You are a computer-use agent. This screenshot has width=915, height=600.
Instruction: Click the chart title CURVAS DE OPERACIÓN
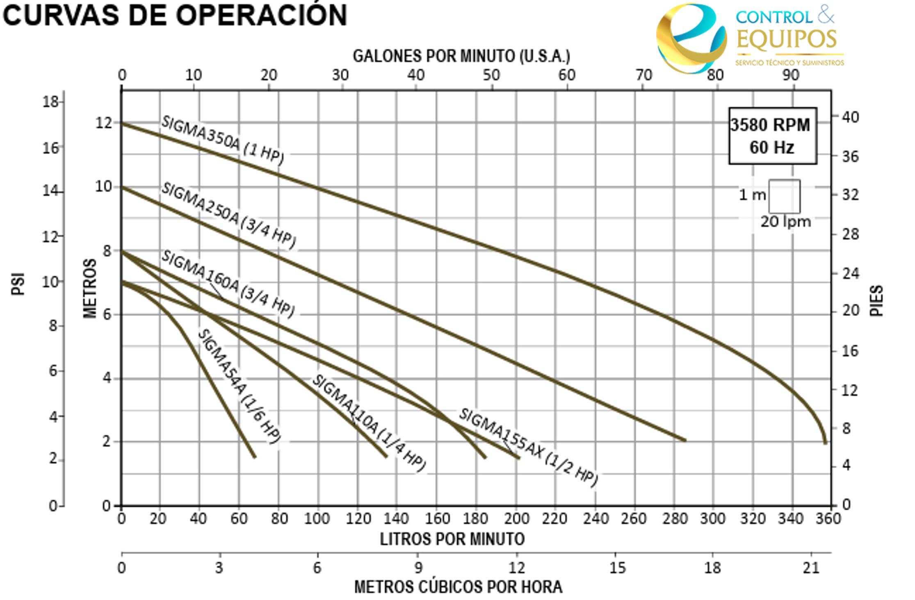click(175, 16)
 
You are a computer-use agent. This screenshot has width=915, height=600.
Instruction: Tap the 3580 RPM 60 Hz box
click(772, 136)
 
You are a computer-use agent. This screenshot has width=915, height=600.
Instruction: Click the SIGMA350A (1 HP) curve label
click(223, 140)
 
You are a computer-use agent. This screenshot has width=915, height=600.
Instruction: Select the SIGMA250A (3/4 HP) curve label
click(228, 216)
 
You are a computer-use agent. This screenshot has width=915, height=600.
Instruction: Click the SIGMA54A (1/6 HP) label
click(240, 386)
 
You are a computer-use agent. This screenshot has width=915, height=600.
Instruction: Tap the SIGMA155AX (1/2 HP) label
click(528, 448)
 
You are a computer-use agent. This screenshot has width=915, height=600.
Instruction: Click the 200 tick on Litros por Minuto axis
click(516, 519)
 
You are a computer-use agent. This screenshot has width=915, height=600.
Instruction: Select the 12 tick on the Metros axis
click(103, 123)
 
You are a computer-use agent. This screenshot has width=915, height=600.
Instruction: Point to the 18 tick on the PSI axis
click(51, 102)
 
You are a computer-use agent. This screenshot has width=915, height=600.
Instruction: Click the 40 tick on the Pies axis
click(850, 117)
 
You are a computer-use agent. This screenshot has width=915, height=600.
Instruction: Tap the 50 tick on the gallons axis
click(491, 75)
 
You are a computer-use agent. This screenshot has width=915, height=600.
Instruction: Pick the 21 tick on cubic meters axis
click(811, 568)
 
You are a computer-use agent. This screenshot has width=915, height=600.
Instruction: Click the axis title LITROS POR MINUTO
click(452, 539)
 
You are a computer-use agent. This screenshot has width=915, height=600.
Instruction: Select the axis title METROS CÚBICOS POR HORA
click(458, 587)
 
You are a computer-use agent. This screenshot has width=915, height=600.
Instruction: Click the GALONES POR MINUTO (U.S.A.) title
click(461, 56)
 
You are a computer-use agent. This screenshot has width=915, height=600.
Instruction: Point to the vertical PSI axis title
click(18, 284)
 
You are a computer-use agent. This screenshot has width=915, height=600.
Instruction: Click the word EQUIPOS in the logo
click(786, 40)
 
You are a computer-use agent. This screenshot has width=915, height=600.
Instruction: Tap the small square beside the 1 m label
click(784, 196)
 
